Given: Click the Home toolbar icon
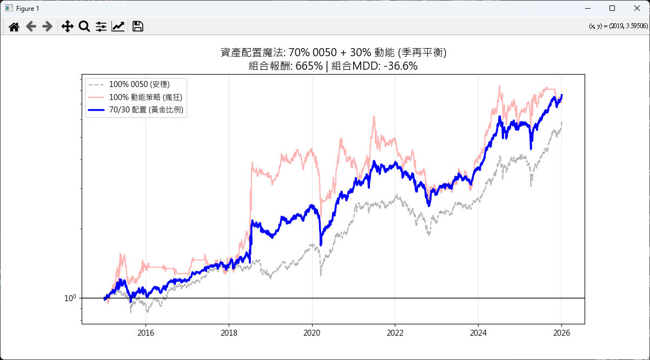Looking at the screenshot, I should pos(15,26).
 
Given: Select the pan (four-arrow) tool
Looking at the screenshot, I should pos(67,26).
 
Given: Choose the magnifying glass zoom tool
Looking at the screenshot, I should pos(84,26).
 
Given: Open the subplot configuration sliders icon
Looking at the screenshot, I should pos(101,26).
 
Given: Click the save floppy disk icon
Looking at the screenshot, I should pos(137,26).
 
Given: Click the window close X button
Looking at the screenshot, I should pos(636,8).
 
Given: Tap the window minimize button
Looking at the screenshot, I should pos(587,8).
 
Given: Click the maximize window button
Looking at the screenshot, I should pos(612,8).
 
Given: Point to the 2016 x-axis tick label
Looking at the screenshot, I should pos(145,333).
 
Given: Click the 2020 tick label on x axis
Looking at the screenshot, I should pos(312,333).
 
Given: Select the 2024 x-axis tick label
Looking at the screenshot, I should pos(478,333).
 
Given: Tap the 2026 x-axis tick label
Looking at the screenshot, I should pos(561,333).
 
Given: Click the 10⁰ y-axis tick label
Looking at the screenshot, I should pos(70,298).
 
